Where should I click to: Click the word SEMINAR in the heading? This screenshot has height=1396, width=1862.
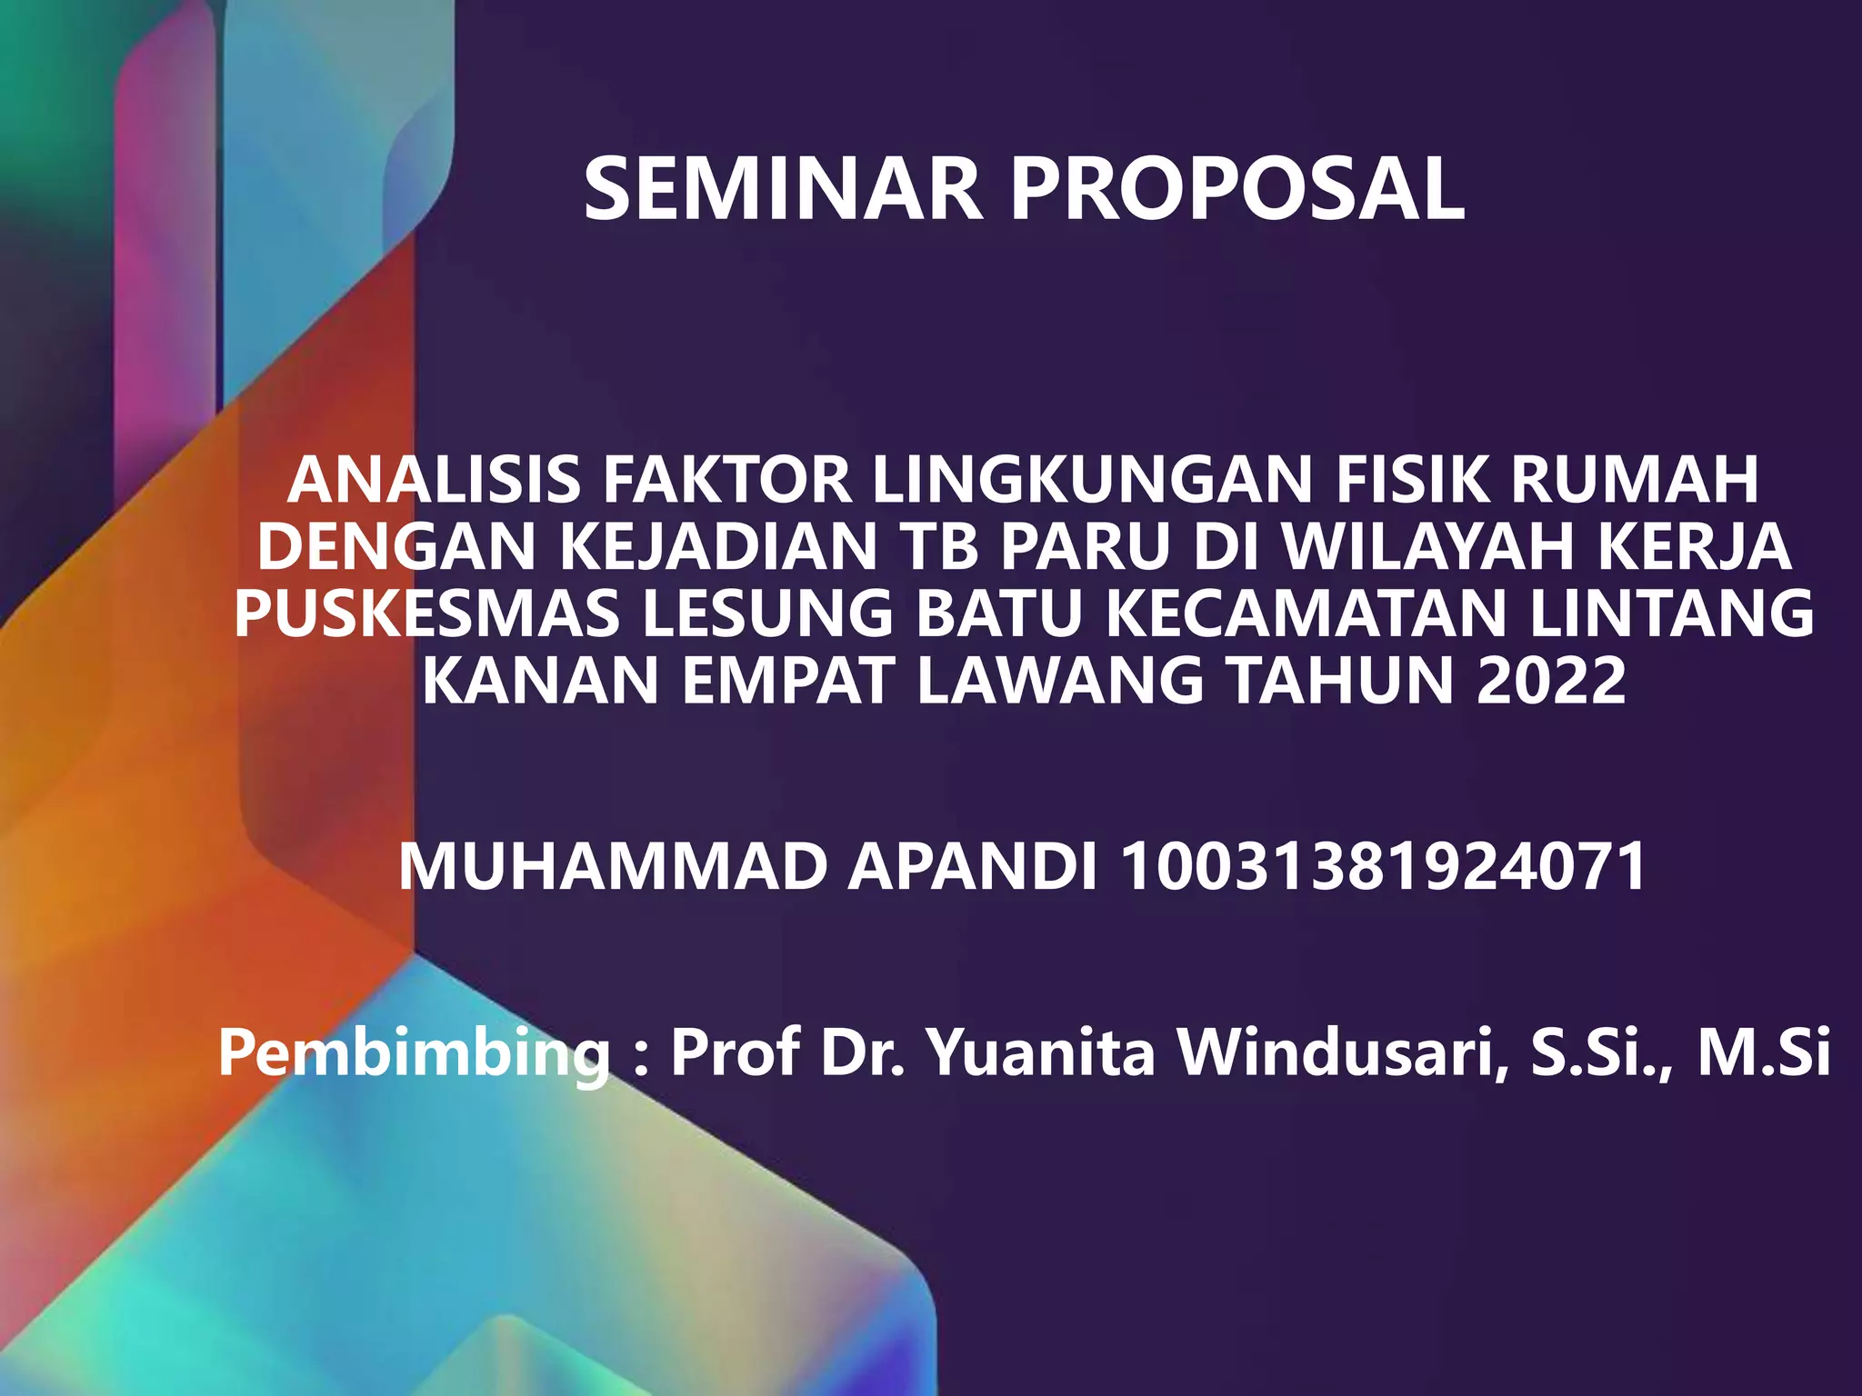783,189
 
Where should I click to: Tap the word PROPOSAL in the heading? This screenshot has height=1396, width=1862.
1237,189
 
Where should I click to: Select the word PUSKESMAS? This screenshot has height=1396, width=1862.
427,614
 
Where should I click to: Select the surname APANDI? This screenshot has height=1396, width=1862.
973,867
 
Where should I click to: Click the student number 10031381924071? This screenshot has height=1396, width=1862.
1383,867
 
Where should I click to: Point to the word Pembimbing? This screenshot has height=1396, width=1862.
415,1054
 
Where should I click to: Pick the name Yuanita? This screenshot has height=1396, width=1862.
1040,1054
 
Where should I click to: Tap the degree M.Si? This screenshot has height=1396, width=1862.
1764,1054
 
